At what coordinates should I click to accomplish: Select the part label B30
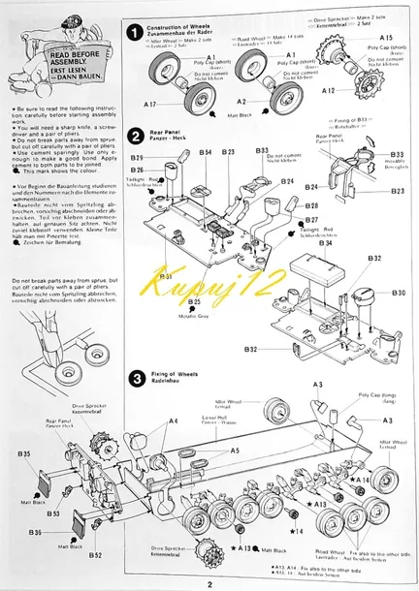pos(398,293)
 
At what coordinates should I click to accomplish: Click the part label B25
pos(194,301)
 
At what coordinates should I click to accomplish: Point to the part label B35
pos(23,453)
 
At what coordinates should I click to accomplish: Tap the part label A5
pos(235,451)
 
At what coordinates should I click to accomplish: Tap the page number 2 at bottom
pos(209,581)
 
